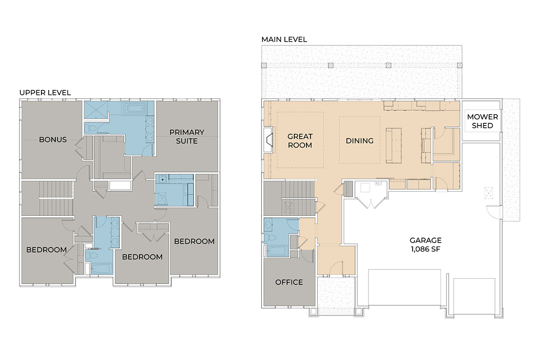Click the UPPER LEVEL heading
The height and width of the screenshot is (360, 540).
click(x=45, y=93)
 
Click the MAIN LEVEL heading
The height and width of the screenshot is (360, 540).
click(x=284, y=40)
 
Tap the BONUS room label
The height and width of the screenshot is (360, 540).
click(x=53, y=139)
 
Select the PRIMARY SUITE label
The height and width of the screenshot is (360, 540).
click(x=187, y=136)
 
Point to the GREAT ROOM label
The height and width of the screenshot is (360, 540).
click(x=300, y=141)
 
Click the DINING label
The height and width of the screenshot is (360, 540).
click(x=360, y=141)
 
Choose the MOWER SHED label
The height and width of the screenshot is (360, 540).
click(x=482, y=121)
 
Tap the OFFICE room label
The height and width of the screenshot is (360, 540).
click(x=289, y=282)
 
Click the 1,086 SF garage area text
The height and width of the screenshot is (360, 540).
click(x=426, y=249)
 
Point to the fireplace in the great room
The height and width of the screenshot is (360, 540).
click(x=268, y=140)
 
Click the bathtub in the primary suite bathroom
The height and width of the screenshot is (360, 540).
click(x=136, y=108)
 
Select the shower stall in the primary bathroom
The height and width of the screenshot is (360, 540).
click(x=96, y=110)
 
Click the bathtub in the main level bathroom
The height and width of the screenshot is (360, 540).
click(x=277, y=251)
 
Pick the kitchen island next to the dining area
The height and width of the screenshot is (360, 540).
click(x=394, y=146)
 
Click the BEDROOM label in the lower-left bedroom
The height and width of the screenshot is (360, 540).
click(x=46, y=250)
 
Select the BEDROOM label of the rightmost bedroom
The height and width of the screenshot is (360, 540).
click(x=194, y=241)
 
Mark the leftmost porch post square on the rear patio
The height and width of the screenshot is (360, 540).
click(x=264, y=65)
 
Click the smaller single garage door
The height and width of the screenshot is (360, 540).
click(x=474, y=297)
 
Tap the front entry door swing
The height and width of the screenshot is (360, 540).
click(x=336, y=268)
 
